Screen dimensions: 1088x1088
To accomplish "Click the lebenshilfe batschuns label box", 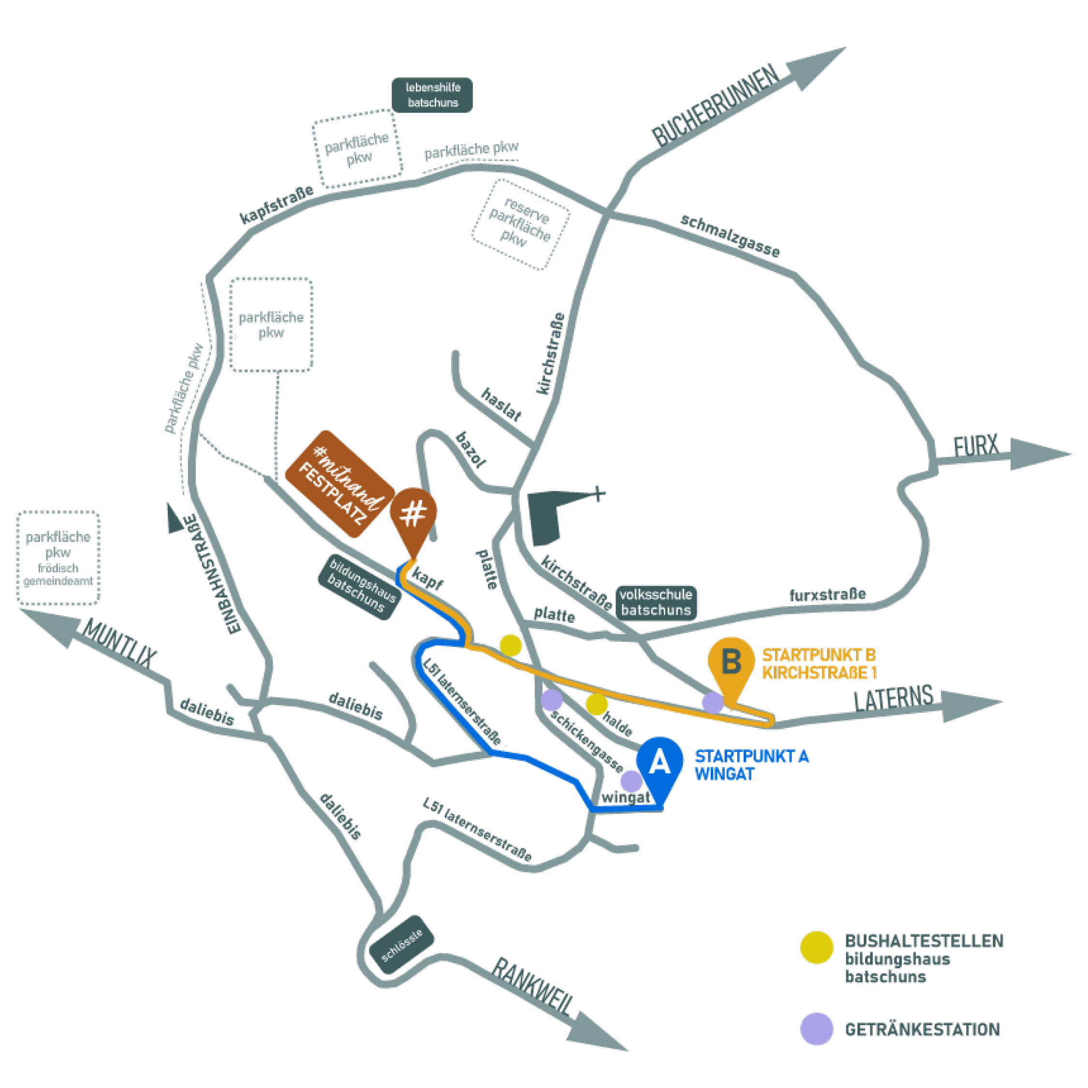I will [x=432, y=95].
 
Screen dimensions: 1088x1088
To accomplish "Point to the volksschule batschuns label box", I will [x=656, y=603].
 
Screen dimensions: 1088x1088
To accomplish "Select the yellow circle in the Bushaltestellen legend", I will [x=817, y=948].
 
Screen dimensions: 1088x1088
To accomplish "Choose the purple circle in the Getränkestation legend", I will [x=817, y=1029].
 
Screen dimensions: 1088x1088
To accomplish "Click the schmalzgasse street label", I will [x=730, y=236].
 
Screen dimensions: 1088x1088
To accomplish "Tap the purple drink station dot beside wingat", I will [x=632, y=781].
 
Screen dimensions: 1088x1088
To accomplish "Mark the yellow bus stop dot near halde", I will [x=596, y=704].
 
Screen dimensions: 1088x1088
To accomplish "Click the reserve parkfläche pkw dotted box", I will [x=520, y=225].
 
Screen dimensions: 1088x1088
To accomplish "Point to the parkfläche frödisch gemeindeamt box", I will [x=58, y=558].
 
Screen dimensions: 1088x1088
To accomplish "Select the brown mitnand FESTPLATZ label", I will [x=339, y=485].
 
